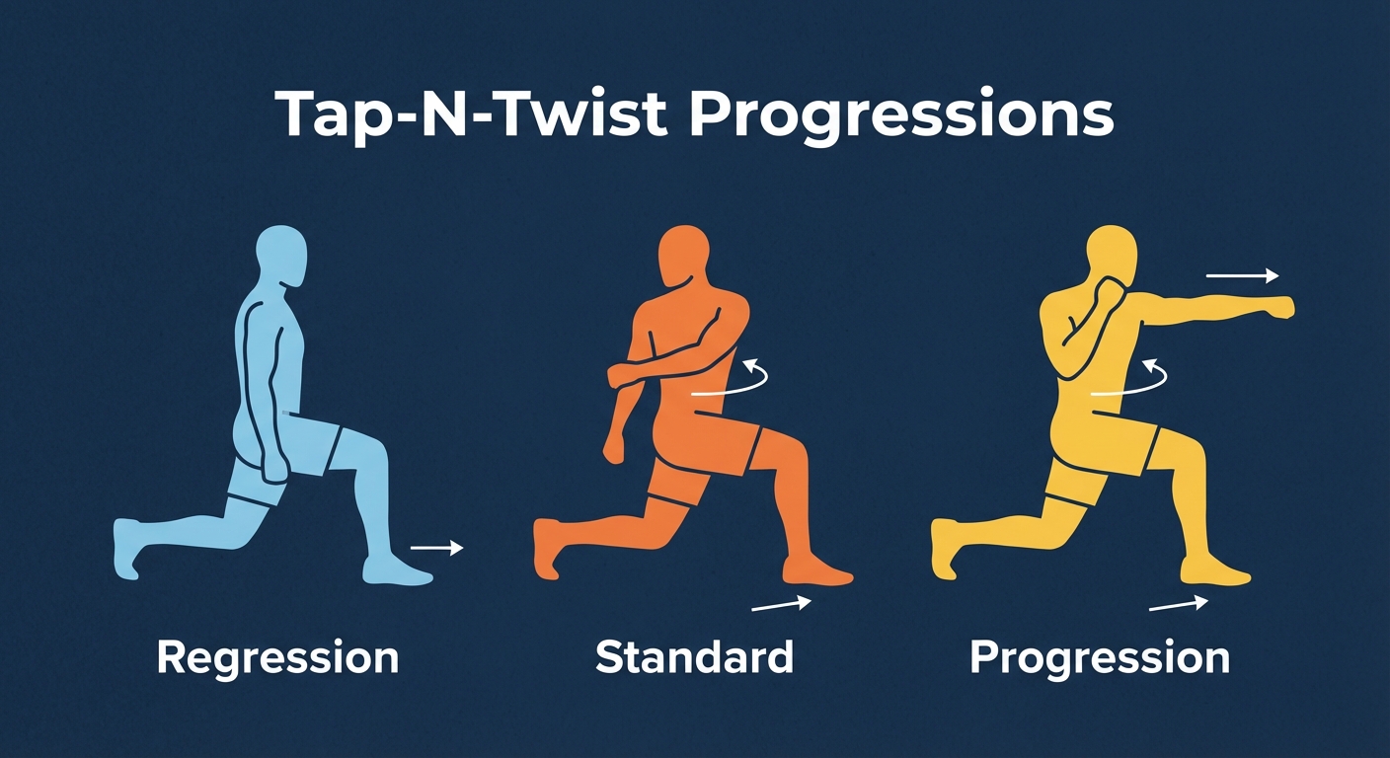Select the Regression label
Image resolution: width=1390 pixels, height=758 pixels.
coord(277,657)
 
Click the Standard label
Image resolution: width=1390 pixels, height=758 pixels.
coord(694,657)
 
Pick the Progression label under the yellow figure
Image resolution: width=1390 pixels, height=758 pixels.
coord(1100,657)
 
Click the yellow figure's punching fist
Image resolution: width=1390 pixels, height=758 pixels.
coord(1279,307)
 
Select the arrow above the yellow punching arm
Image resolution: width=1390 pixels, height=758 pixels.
coord(1242,277)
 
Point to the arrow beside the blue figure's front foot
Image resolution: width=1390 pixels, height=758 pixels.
coord(436,546)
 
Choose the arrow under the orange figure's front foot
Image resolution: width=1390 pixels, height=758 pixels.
coord(781,603)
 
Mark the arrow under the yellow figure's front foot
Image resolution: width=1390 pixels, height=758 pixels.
coord(1178,603)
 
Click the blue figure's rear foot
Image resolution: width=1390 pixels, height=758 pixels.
coord(128,549)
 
